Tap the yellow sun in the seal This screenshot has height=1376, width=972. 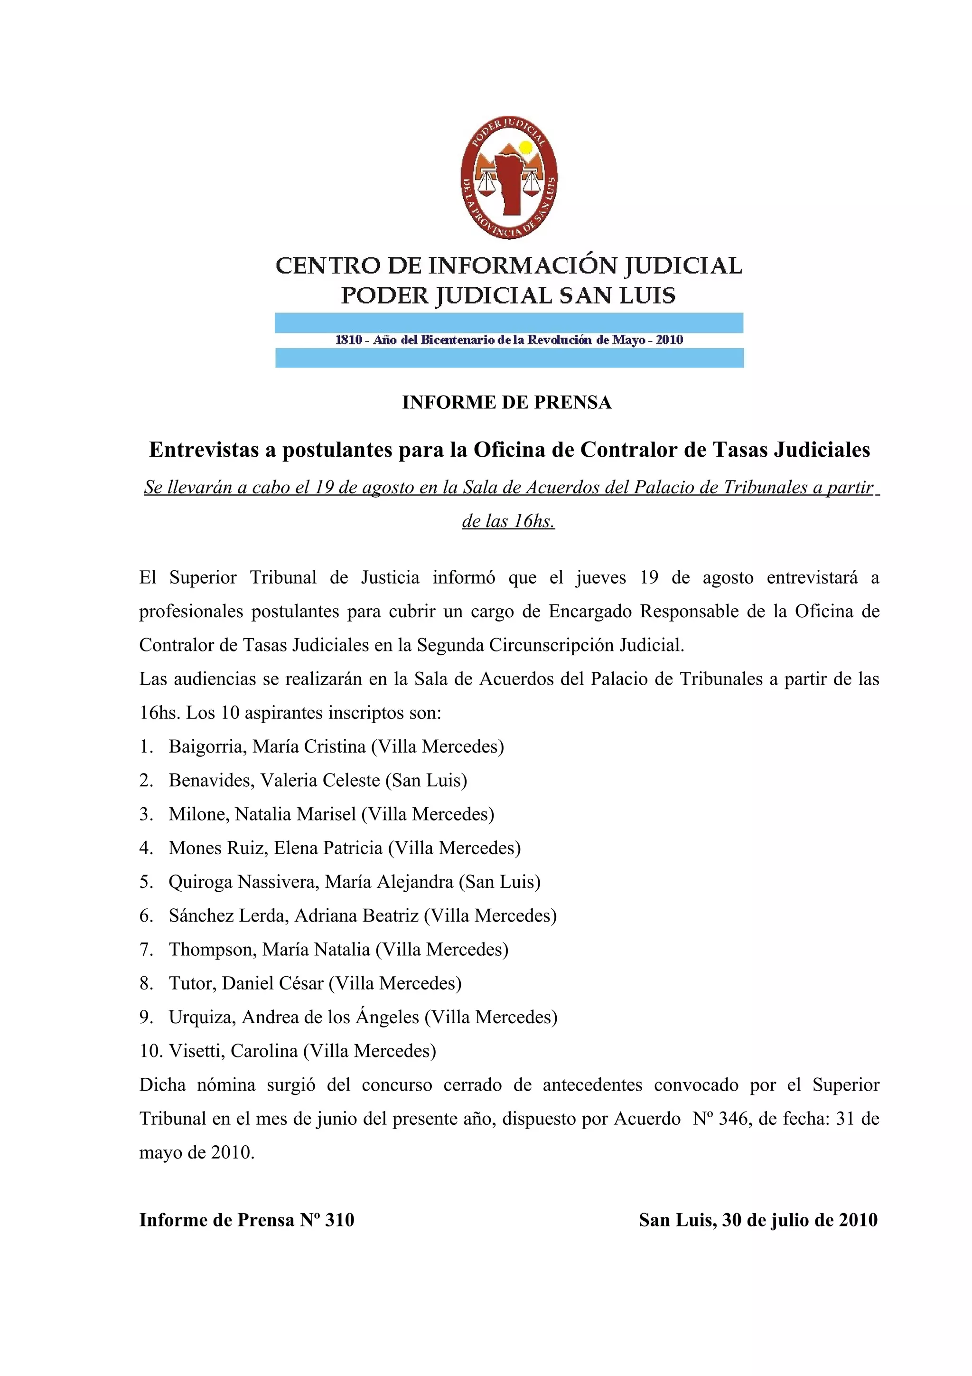tap(526, 147)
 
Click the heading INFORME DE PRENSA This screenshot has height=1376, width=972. tap(507, 402)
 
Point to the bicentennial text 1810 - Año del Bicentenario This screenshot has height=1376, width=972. tap(509, 340)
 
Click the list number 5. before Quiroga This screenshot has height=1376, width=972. tap(146, 882)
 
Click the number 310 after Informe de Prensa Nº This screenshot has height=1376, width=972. tap(339, 1220)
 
